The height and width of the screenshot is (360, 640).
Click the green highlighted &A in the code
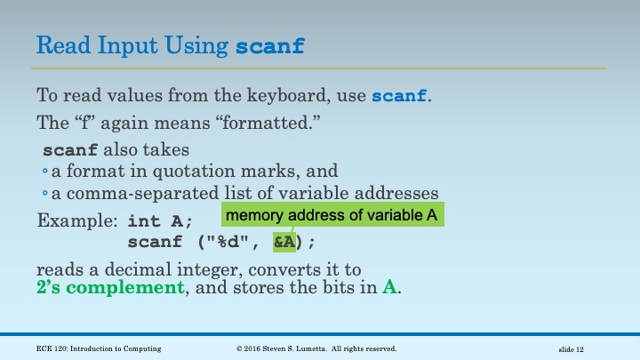[284, 241]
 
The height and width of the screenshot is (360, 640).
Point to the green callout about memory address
[332, 215]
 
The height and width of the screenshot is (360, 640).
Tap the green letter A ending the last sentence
[389, 287]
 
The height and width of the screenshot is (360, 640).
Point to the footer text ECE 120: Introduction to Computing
[100, 348]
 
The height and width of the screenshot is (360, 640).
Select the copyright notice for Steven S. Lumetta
[316, 348]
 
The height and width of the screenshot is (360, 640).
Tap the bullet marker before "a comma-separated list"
[45, 194]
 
